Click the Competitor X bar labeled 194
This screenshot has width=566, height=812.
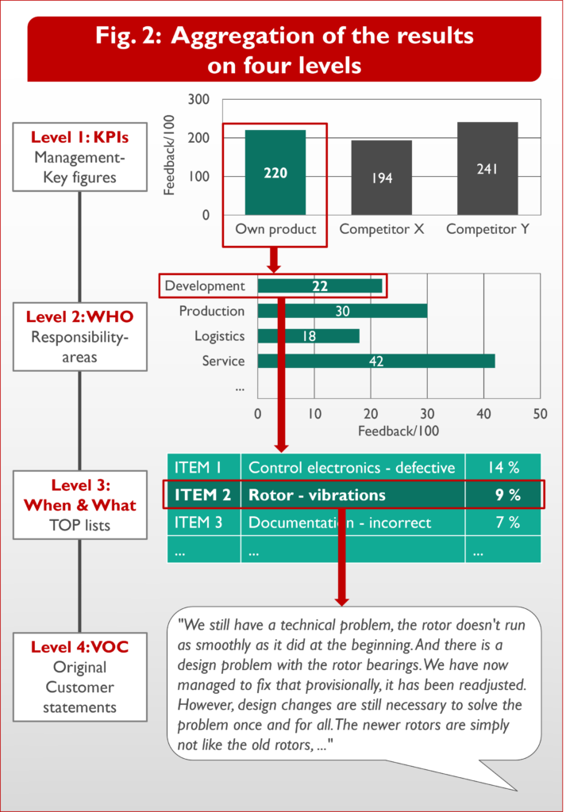(x=382, y=178)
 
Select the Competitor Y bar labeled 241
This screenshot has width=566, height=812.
(x=487, y=169)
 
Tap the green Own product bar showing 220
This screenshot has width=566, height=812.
(x=275, y=173)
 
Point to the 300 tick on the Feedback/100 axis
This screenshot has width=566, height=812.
(x=199, y=100)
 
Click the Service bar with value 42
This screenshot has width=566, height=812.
(x=376, y=361)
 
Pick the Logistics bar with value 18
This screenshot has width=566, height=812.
(x=309, y=336)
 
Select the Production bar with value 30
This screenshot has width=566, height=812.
(x=342, y=312)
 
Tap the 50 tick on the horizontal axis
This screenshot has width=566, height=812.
(x=541, y=414)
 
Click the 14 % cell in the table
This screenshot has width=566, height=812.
(x=503, y=467)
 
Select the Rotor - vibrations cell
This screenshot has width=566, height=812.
(x=317, y=495)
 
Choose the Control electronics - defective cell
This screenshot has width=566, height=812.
(x=352, y=467)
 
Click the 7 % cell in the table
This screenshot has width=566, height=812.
(x=503, y=523)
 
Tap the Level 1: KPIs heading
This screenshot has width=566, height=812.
(x=79, y=138)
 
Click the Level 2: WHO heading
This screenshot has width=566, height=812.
(x=79, y=316)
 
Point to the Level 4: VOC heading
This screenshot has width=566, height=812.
(x=79, y=647)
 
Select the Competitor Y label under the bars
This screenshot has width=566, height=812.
(x=487, y=229)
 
